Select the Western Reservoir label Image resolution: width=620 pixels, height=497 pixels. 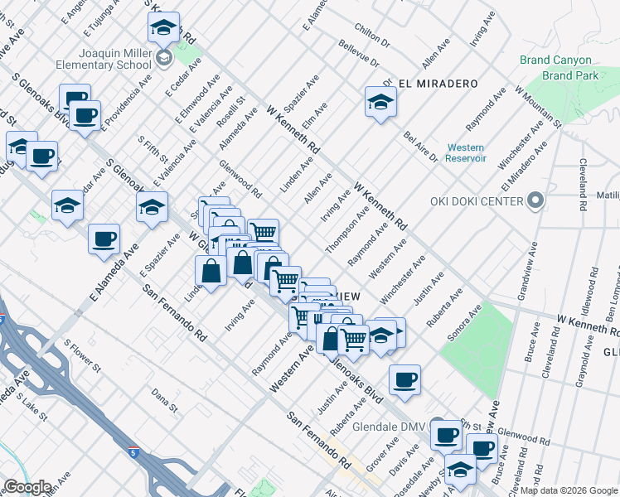465,153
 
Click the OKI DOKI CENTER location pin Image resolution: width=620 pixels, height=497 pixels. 535,201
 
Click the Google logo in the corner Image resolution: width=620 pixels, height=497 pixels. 27,487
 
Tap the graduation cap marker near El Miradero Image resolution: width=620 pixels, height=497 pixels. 380,102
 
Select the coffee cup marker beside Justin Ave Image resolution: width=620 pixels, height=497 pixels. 404,379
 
